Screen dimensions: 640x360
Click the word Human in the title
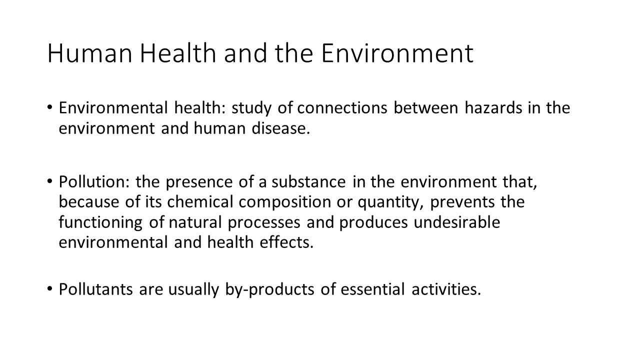pyautogui.click(x=89, y=53)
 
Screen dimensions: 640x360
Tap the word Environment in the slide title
pyautogui.click(x=397, y=53)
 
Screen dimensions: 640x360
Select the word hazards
pyautogui.click(x=493, y=108)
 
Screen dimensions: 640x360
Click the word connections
pyautogui.click(x=342, y=108)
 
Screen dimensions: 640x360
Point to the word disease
pyautogui.click(x=280, y=128)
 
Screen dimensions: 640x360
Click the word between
pyautogui.click(x=426, y=108)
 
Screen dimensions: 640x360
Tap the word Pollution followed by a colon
pyautogui.click(x=94, y=181)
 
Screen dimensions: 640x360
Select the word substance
pyautogui.click(x=308, y=181)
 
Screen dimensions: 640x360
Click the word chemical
pyautogui.click(x=200, y=201)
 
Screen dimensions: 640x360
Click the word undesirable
pyautogui.click(x=457, y=222)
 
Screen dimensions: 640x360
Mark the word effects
pyautogui.click(x=286, y=242)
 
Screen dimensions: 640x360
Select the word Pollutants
pyautogui.click(x=96, y=289)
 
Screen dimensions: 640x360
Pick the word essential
pyautogui.click(x=372, y=289)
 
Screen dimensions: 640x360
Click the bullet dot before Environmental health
pyautogui.click(x=50, y=107)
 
